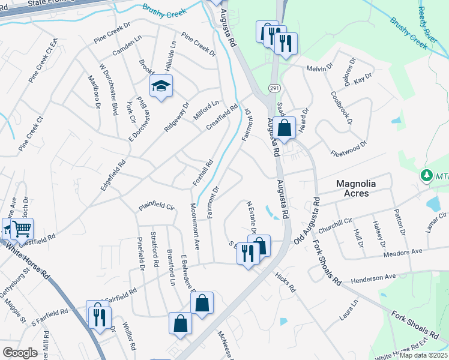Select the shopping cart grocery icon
point(22,228)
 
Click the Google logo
point(20,353)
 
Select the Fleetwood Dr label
point(348,148)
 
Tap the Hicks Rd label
point(285,282)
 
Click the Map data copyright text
point(424,355)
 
